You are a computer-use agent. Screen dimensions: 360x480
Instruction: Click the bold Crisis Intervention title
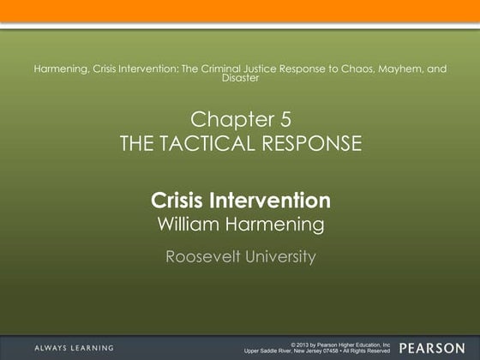(x=241, y=201)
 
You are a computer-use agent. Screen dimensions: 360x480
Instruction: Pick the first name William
(x=190, y=225)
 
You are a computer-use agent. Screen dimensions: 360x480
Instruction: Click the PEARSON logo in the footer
(x=433, y=347)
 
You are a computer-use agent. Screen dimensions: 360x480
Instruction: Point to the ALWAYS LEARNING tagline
(x=74, y=347)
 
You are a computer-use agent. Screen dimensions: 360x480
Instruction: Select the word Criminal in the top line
(x=219, y=69)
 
